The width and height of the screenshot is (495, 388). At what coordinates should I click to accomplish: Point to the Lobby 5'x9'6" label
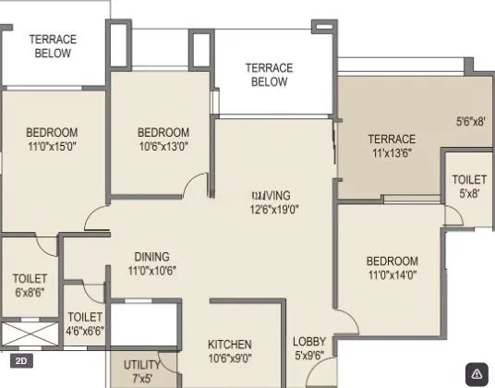pyautogui.click(x=310, y=346)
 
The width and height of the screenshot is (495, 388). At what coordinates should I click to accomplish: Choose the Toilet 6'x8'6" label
pyautogui.click(x=30, y=285)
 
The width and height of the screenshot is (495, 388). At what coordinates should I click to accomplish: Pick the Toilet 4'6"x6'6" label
pyautogui.click(x=85, y=323)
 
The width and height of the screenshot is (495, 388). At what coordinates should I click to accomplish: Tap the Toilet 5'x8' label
pyautogui.click(x=469, y=187)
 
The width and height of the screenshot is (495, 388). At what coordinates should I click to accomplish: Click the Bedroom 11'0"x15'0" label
pyautogui.click(x=52, y=139)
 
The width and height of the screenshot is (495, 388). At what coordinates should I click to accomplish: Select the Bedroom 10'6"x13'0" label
pyautogui.click(x=163, y=139)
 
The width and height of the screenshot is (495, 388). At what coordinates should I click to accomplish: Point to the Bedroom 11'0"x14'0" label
pyautogui.click(x=392, y=268)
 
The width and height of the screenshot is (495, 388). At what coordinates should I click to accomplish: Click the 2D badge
pyautogui.click(x=23, y=360)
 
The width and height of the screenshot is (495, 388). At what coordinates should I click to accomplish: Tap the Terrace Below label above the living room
pyautogui.click(x=269, y=75)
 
